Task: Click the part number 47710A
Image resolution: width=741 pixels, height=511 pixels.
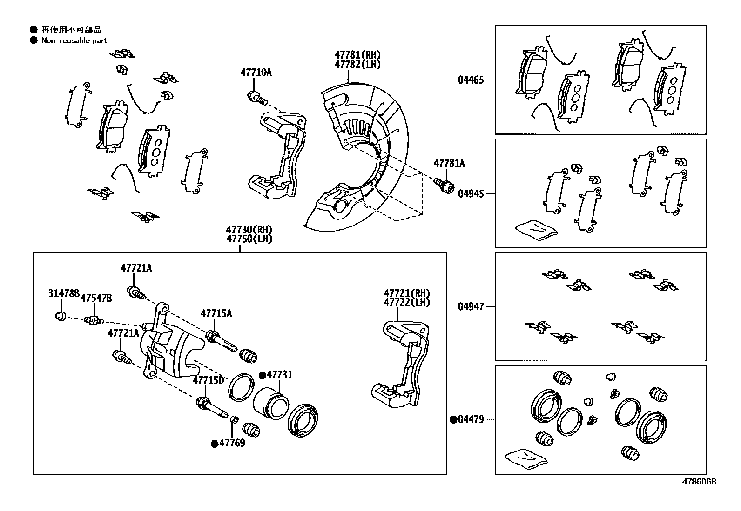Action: [x=256, y=73]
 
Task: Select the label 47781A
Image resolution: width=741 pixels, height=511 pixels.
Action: [x=449, y=164]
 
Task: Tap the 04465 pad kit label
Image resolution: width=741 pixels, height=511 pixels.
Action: [x=471, y=80]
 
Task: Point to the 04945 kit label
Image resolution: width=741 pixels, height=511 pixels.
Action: [x=471, y=193]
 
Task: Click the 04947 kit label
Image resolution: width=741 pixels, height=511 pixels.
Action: [x=471, y=307]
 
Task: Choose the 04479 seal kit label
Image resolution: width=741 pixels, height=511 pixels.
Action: [x=471, y=420]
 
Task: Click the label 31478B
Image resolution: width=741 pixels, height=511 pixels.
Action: [x=64, y=293]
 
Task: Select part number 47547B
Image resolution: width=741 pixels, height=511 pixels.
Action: [x=96, y=298]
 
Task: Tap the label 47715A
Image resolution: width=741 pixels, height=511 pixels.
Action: [x=216, y=313]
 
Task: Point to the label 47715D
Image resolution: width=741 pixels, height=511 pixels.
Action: [x=208, y=380]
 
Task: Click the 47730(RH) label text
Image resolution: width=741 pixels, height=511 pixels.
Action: [x=249, y=230]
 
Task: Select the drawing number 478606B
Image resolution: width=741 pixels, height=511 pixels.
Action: [x=699, y=482]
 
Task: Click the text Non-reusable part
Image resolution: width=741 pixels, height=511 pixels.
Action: [x=74, y=40]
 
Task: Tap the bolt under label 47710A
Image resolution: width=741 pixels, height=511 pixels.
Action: [x=256, y=98]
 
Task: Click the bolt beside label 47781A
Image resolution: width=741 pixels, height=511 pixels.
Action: [x=445, y=185]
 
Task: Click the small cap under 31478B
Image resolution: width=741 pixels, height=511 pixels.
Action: [x=59, y=316]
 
